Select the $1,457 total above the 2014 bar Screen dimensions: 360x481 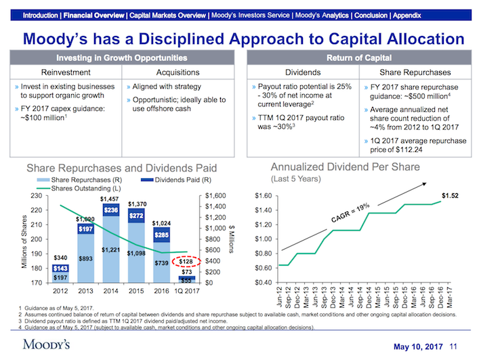point(109,199)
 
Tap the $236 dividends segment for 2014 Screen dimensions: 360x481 point(110,210)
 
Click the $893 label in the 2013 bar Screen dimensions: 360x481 point(85,258)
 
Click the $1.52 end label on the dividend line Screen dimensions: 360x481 point(450,197)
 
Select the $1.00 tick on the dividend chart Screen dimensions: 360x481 point(263,239)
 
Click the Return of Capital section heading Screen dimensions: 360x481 point(358,57)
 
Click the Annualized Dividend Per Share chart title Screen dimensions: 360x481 point(345,167)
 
